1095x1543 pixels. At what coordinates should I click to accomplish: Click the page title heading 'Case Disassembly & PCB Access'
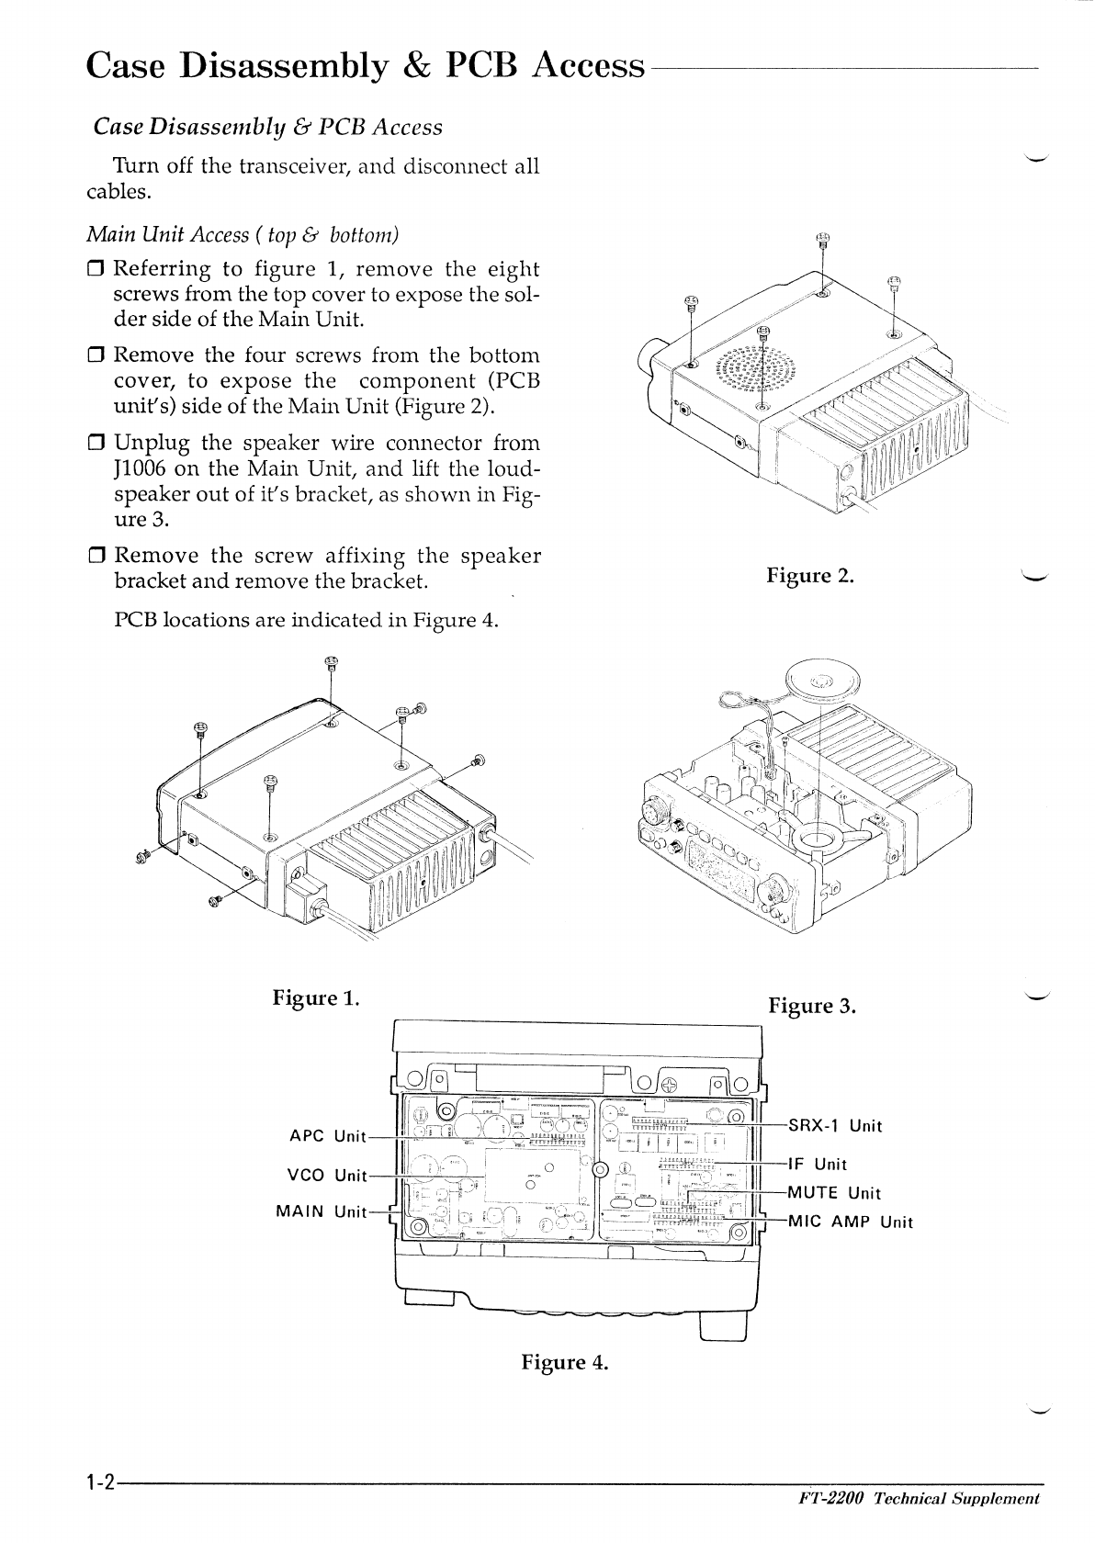point(365,66)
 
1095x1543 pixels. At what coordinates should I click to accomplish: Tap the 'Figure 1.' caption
point(315,997)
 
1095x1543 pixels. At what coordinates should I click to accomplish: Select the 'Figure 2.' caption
point(810,576)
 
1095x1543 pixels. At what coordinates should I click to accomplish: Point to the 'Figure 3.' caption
point(812,1006)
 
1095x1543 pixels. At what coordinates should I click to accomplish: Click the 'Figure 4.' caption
point(565,1361)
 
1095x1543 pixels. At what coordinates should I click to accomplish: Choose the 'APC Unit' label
point(327,1136)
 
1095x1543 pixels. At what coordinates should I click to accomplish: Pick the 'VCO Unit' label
point(327,1175)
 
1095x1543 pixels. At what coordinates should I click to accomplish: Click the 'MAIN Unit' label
point(322,1211)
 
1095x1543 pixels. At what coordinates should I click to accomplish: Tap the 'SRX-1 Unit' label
point(835,1126)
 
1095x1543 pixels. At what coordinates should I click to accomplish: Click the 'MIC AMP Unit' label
point(851,1222)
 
